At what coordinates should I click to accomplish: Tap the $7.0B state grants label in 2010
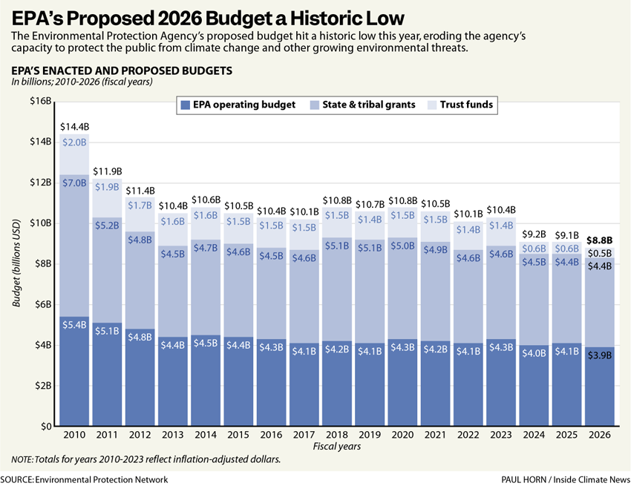tap(74, 183)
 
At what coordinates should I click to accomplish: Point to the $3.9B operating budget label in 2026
tap(600, 355)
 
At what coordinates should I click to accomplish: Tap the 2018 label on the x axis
tap(337, 434)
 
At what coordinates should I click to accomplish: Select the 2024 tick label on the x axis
tap(534, 434)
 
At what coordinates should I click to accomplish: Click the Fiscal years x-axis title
tap(337, 446)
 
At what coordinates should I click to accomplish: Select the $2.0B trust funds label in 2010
tap(74, 142)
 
